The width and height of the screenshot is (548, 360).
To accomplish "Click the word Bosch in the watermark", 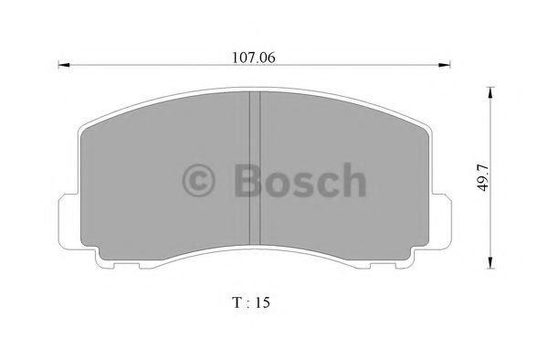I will pos(299,181).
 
